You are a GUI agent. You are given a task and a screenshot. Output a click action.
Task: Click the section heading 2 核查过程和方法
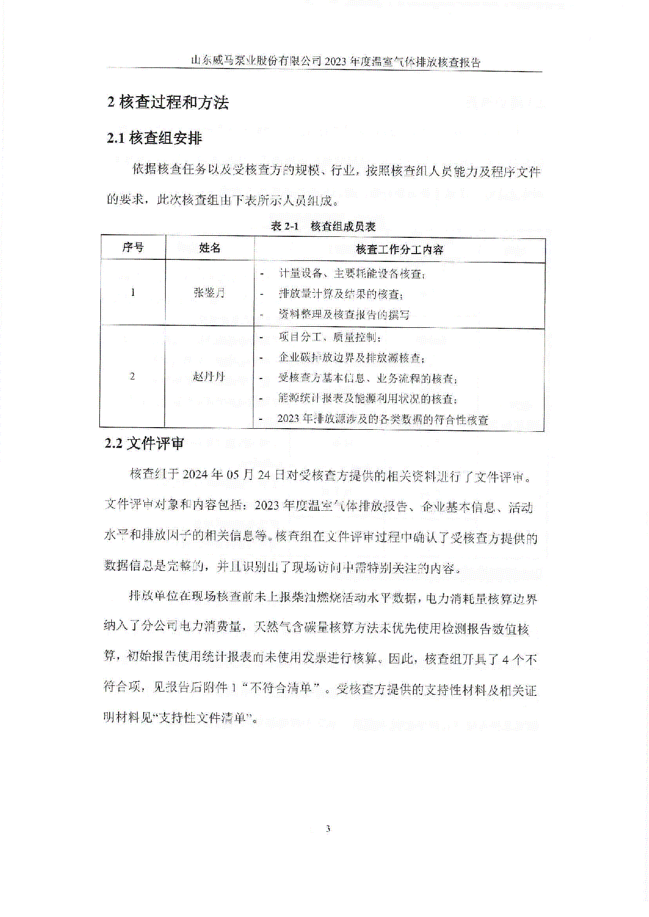[x=168, y=102]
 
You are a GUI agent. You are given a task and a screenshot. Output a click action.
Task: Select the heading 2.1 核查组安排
[x=154, y=139]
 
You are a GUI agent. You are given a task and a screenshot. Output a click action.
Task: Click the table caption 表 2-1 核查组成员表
[x=323, y=226]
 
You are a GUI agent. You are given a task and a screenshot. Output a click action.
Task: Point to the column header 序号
[x=133, y=247]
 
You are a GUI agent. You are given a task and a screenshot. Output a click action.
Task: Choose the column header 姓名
[x=210, y=248]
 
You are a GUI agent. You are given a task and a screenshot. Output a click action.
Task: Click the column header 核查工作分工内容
[x=399, y=250]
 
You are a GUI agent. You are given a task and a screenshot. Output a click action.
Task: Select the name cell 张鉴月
[x=209, y=293]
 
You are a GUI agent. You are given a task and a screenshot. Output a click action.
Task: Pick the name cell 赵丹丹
[x=208, y=376]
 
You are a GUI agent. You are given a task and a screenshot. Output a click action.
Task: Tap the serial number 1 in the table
[x=133, y=293]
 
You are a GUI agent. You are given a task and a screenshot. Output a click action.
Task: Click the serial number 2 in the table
[x=132, y=376]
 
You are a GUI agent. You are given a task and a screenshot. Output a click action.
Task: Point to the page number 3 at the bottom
[x=328, y=828]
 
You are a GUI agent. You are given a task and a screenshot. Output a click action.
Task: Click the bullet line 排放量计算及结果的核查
[x=340, y=294]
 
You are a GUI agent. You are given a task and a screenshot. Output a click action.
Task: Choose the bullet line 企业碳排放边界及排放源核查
[x=351, y=358]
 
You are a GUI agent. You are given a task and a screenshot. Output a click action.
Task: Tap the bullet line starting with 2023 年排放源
[x=383, y=419]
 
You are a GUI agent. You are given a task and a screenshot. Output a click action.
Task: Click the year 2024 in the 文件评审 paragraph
[x=195, y=475]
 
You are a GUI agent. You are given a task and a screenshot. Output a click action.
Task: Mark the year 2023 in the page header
[x=335, y=62]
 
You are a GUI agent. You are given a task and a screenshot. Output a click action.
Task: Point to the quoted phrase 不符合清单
[x=281, y=688]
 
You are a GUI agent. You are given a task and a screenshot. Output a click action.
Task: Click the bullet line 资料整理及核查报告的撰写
[x=344, y=315]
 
